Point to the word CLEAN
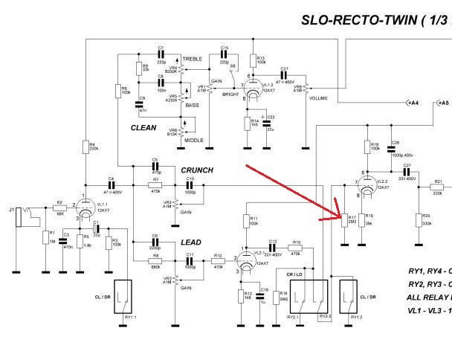click(144, 127)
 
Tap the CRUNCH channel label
click(196, 170)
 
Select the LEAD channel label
click(191, 242)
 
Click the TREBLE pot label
click(192, 59)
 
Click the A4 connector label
click(412, 103)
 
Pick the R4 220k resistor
click(86, 147)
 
